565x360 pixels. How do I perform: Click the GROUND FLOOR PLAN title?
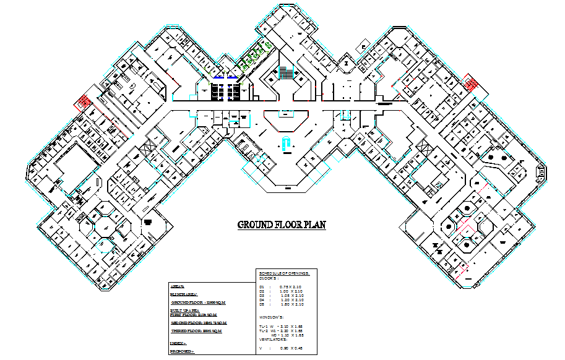point(282,225)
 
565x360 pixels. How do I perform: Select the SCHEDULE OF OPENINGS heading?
point(288,273)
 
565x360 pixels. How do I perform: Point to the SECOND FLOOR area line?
point(198,323)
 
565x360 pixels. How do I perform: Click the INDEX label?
point(178,342)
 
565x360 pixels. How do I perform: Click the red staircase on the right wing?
point(472,84)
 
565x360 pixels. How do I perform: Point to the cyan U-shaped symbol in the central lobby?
point(285,144)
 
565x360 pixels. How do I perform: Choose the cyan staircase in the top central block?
point(286,72)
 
